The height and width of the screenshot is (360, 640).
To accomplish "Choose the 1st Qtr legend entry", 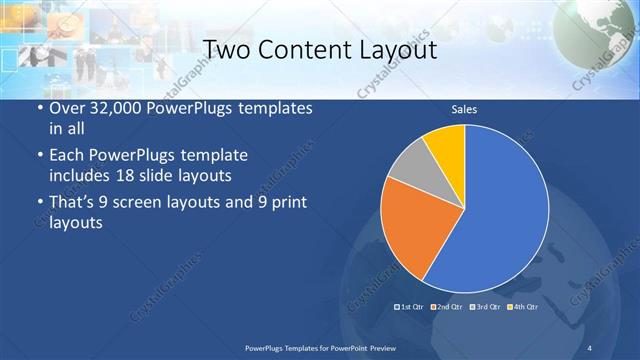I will pos(411,307).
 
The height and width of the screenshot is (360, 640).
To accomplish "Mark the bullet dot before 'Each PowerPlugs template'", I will pos(38,157).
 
